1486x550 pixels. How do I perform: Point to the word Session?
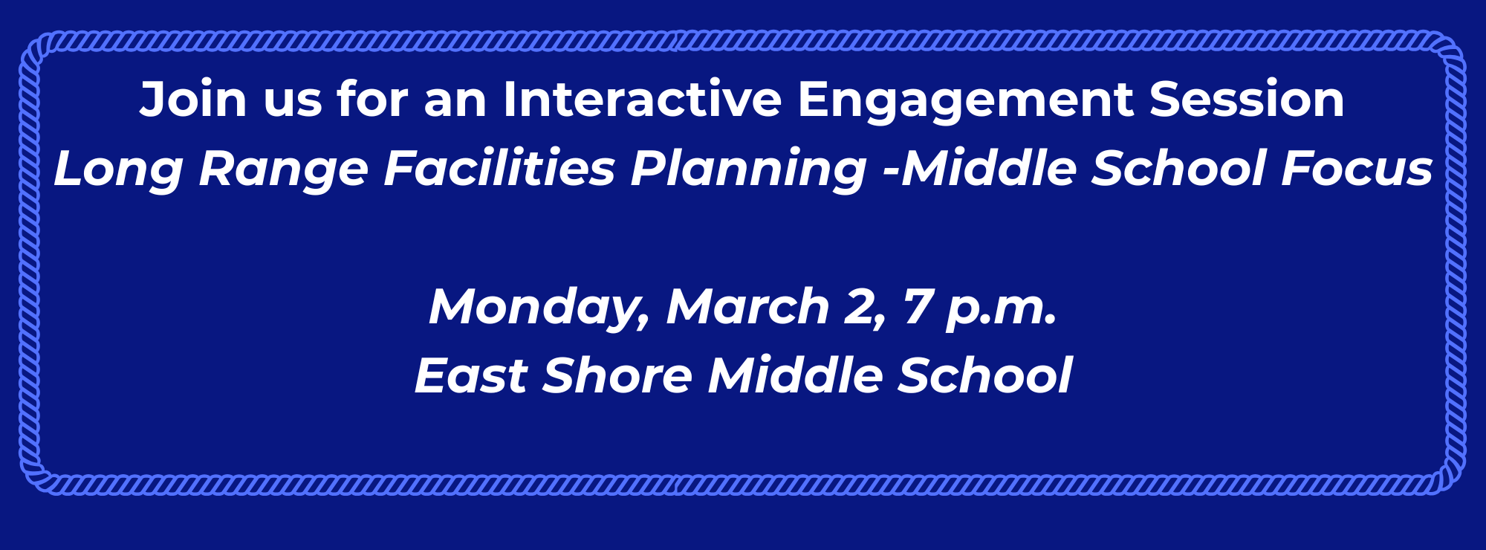pos(1247,100)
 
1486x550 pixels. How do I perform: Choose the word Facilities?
pos(499,168)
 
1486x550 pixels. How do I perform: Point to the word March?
pos(747,306)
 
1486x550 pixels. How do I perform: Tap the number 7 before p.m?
pos(918,306)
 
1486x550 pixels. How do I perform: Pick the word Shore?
pos(617,375)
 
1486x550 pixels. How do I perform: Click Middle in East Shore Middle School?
pos(795,375)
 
